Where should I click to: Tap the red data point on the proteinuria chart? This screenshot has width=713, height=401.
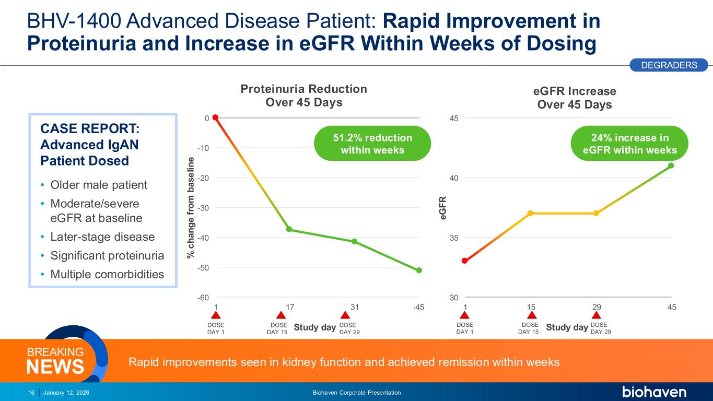click(215, 117)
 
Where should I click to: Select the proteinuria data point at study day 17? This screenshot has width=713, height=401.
click(289, 230)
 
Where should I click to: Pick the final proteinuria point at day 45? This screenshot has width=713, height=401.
click(419, 270)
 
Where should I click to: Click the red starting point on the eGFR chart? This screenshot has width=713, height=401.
click(464, 261)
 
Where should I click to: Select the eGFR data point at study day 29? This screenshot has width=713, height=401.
click(596, 213)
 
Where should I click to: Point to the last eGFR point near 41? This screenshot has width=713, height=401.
click(671, 166)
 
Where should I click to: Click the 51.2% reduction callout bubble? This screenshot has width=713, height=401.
click(372, 144)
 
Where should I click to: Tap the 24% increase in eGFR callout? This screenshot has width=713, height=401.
click(629, 144)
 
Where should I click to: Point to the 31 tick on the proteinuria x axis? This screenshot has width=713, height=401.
click(355, 307)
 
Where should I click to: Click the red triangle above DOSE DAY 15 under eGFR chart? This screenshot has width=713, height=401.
click(532, 315)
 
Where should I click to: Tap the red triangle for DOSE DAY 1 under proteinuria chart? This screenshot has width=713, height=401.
click(215, 315)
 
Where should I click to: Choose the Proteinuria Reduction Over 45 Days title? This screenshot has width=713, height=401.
click(304, 96)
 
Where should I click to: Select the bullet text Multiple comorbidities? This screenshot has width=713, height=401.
click(107, 274)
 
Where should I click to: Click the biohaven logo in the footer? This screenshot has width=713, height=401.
click(654, 392)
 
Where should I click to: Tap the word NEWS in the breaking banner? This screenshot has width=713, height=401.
click(55, 367)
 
